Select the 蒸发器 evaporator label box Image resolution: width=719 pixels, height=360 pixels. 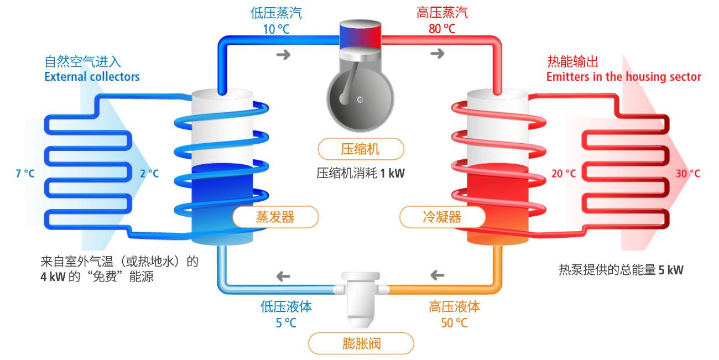275,217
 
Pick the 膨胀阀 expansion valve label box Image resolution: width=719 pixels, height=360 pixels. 361,343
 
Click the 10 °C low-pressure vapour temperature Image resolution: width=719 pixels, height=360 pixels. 276,29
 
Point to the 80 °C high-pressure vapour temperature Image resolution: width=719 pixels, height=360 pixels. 442,29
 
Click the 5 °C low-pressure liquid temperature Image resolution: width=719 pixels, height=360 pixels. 286,322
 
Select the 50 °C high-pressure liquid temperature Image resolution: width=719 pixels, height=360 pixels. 454,322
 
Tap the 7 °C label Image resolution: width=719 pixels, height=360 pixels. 25,174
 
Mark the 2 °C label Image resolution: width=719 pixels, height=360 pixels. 149,174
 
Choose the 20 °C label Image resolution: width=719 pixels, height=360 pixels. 564,174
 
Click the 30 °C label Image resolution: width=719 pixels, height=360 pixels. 688,174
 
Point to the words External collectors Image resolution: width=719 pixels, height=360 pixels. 92,76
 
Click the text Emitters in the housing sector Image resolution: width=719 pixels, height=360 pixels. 623,76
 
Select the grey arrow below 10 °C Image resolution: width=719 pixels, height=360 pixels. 283,54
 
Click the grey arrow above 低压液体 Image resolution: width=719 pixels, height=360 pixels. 283,275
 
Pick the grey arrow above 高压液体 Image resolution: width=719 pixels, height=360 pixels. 437,275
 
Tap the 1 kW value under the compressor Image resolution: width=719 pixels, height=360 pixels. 392,174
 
